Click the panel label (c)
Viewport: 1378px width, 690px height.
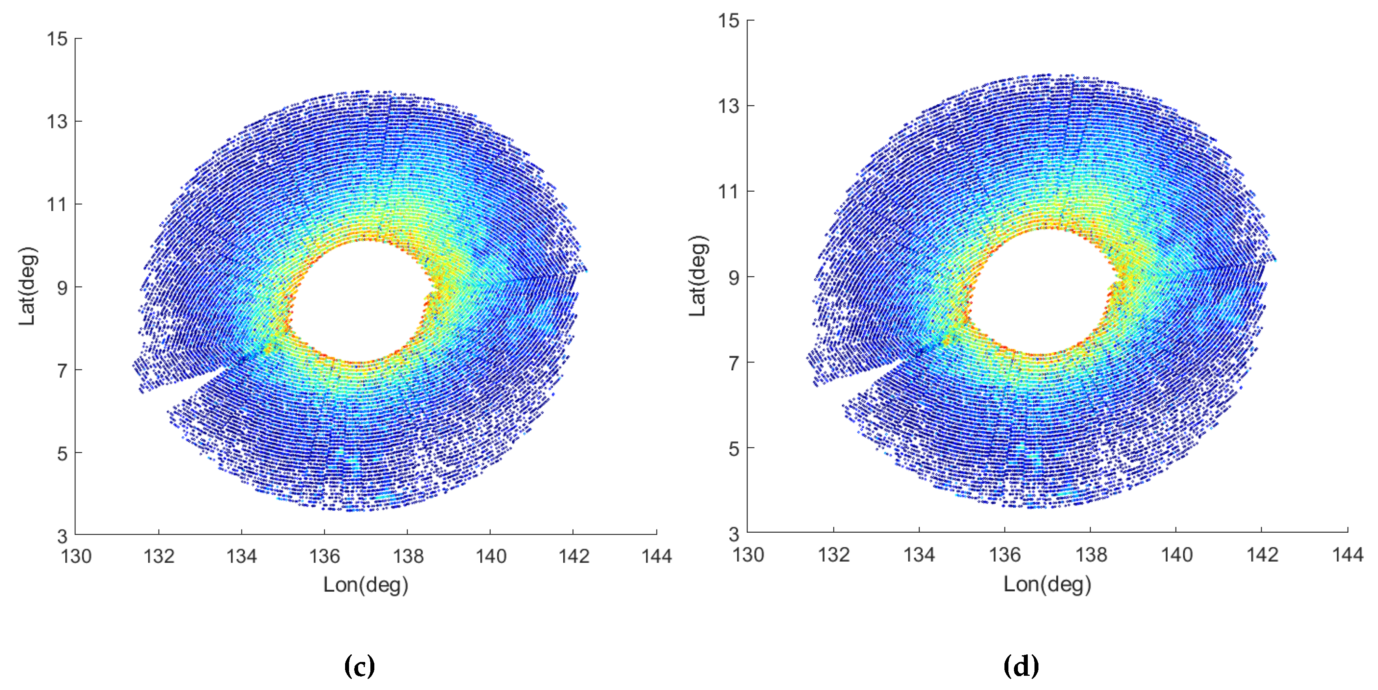(x=359, y=666)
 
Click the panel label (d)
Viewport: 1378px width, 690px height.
(x=1021, y=666)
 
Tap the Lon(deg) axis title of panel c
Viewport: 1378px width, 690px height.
(x=366, y=584)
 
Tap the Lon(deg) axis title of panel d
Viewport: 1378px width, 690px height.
(x=1047, y=584)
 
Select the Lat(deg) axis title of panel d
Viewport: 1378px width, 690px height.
(x=698, y=276)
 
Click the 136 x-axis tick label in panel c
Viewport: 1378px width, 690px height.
(x=324, y=556)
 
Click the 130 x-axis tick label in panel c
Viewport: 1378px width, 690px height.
(x=76, y=556)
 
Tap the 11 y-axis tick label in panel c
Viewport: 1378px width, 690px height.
(x=57, y=204)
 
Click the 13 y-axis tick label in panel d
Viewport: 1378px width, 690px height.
(x=729, y=106)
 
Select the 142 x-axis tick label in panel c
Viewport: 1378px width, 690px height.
(x=574, y=556)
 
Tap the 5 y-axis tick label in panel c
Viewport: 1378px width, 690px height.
(x=62, y=454)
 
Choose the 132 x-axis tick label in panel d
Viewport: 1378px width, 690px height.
(x=833, y=555)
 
